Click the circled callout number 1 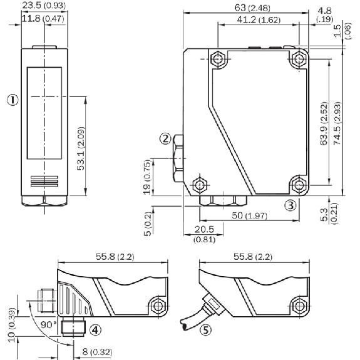(13, 100)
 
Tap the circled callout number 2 (165, 138)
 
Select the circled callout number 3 (291, 205)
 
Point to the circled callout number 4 (95, 330)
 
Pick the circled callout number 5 (205, 330)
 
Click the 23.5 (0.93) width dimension (44, 5)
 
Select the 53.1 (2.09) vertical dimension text (81, 148)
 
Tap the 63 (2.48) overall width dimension (252, 8)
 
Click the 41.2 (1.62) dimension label (259, 20)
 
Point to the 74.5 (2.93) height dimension (337, 123)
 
